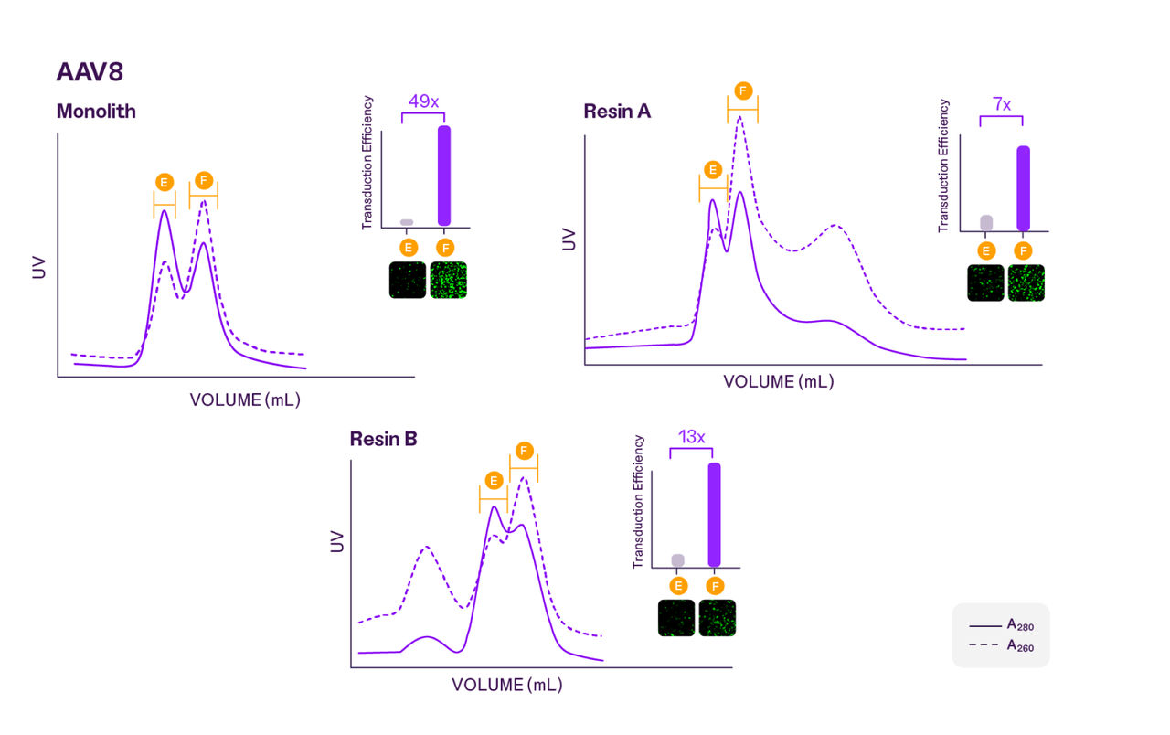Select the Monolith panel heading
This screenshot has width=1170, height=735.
pos(96,112)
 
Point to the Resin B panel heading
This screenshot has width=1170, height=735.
pos(383,439)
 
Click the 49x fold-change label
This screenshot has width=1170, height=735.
pos(422,101)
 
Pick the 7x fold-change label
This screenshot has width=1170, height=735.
pos(1001,104)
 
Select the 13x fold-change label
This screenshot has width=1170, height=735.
pos(691,437)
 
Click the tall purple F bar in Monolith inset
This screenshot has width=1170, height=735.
pos(444,176)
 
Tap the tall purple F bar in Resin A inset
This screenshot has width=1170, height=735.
pos(1023,188)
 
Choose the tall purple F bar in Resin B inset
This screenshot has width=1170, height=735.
pos(714,515)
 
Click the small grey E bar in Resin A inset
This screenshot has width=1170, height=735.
pos(985,223)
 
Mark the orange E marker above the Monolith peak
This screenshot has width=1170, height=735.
pos(164,182)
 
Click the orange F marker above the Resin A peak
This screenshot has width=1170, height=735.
pos(742,91)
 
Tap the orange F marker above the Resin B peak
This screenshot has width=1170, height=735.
pos(524,451)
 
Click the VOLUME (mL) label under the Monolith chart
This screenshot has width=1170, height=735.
pos(245,399)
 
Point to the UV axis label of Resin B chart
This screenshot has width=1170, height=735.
pos(337,541)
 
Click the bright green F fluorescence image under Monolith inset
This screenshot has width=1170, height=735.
pos(448,281)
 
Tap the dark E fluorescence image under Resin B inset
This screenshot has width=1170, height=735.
pos(676,618)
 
